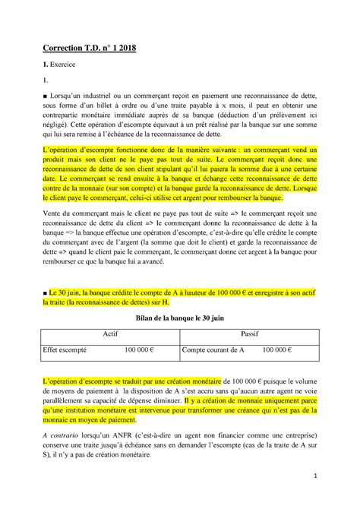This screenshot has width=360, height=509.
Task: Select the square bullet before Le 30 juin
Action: (x=46, y=292)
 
